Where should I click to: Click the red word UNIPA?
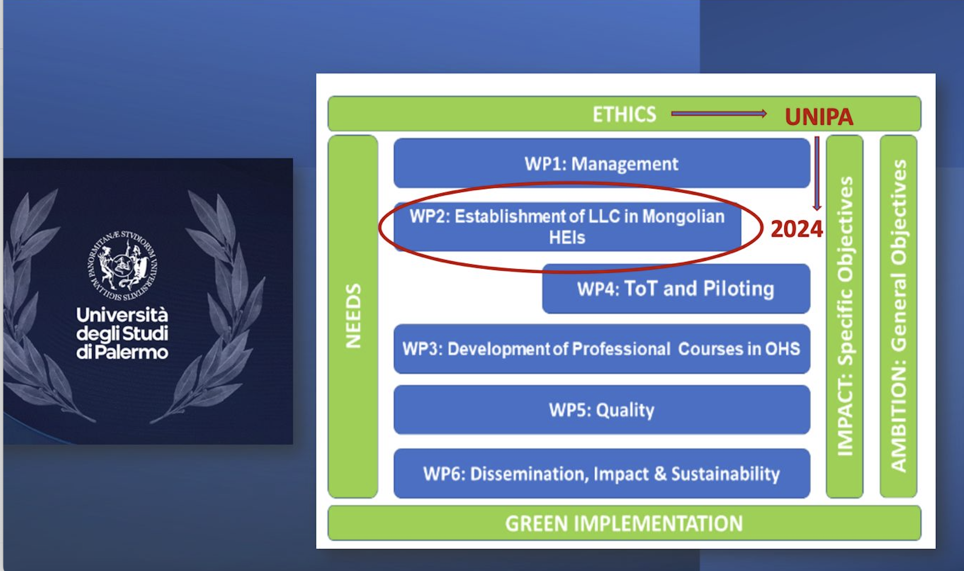coord(819,117)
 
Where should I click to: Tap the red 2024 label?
coord(796,229)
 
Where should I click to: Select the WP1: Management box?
coord(601,163)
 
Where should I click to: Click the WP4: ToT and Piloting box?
coord(676,289)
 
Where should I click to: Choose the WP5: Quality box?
coord(601,410)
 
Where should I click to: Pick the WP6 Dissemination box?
coord(601,473)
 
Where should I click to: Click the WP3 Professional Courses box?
coord(601,349)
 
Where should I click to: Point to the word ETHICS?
coord(624,114)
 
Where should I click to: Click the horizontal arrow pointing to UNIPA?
coord(719,114)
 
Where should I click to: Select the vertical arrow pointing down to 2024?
coord(817,173)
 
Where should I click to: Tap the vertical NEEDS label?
coord(353,316)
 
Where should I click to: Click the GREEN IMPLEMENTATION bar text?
coord(624,523)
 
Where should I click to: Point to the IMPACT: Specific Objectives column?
coord(845,316)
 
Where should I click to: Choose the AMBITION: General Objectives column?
coord(898,316)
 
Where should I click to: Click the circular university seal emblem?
coord(123,265)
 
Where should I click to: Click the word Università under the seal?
coord(122,315)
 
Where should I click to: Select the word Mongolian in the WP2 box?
coord(683,217)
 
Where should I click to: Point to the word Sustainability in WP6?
coord(725,474)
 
